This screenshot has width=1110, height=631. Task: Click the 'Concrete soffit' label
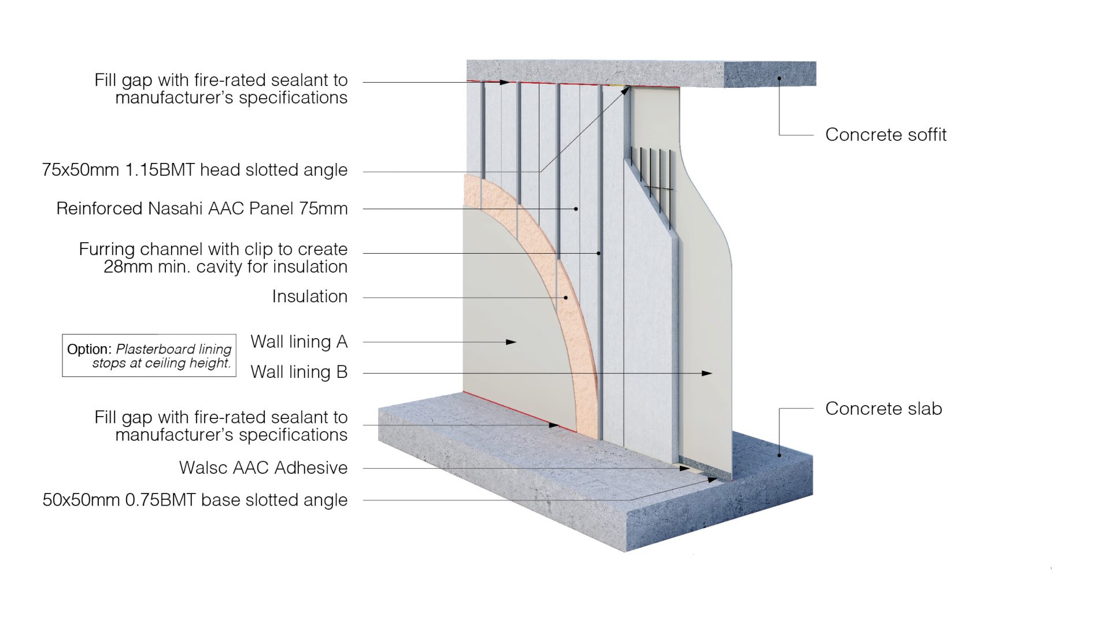[885, 135]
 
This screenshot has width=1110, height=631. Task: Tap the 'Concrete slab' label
[883, 409]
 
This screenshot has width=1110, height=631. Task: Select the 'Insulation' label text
[309, 296]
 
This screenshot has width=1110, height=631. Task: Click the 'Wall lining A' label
[298, 342]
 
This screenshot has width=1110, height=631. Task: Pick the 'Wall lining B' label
[298, 372]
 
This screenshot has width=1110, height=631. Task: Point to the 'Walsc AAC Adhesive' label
[263, 467]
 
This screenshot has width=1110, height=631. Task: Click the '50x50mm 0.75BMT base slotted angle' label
[195, 500]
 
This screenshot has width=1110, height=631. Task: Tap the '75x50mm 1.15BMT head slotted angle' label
[195, 170]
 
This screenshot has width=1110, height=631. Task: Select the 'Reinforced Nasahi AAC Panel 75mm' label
[202, 209]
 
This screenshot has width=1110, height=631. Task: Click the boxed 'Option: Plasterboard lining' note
[149, 355]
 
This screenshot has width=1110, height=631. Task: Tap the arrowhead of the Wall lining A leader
[511, 342]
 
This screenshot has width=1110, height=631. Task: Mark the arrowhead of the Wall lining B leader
[707, 373]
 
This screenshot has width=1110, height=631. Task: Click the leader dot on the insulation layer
[566, 298]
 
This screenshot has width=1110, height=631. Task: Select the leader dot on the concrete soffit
[779, 78]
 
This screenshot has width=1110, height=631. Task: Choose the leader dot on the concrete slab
[779, 455]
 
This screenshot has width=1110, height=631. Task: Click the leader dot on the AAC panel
[576, 209]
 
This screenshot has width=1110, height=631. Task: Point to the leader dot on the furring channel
[599, 253]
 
